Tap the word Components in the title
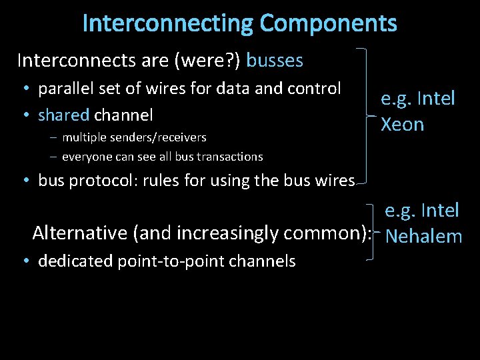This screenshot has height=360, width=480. pos(328,23)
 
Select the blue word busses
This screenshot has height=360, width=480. pos(275,61)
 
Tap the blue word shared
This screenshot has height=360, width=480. pos(63,115)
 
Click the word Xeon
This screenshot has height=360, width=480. pos(402,125)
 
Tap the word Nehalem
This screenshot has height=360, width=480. pos(424,236)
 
